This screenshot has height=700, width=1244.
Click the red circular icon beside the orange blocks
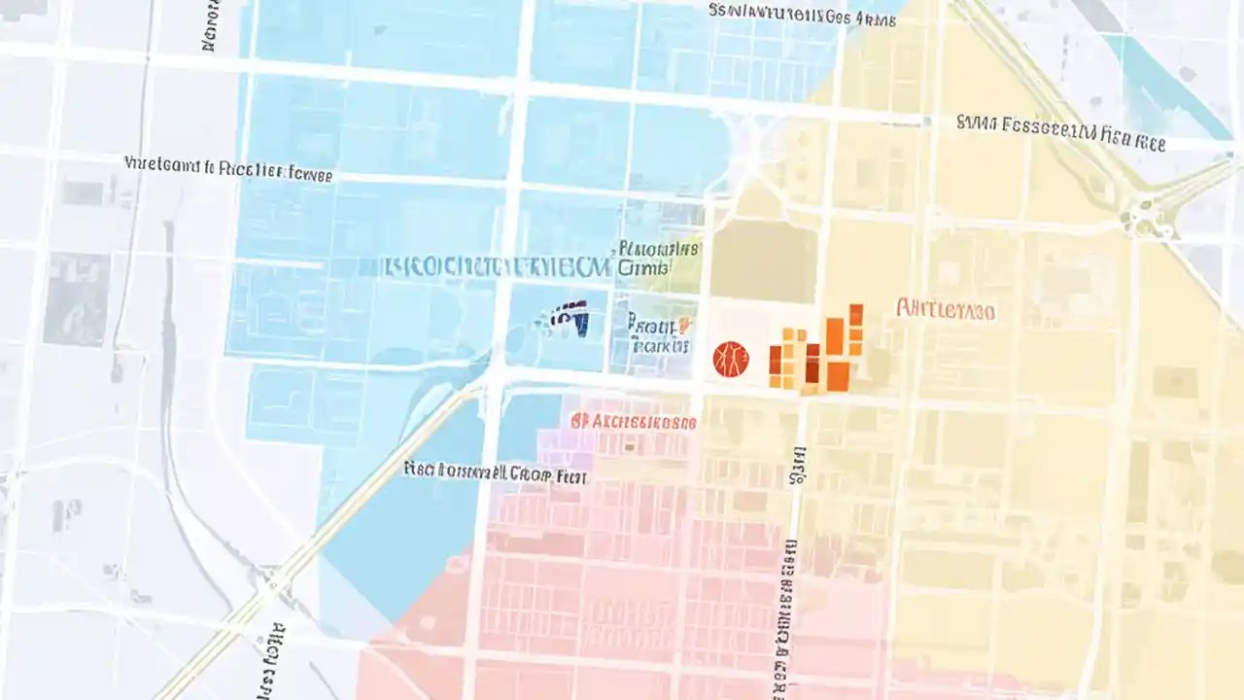pyautogui.click(x=731, y=359)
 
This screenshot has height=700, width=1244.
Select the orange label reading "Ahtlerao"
pyautogui.click(x=945, y=311)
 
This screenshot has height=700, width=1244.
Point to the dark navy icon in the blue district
pyautogui.click(x=569, y=319)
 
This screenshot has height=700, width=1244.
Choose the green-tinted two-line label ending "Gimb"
pyautogui.click(x=657, y=257)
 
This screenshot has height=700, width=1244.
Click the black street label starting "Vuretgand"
pyautogui.click(x=228, y=169)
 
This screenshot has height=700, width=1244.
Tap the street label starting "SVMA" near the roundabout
pyautogui.click(x=1060, y=132)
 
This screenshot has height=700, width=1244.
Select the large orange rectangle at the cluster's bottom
pyautogui.click(x=837, y=376)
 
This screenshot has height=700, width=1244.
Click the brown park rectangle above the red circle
pyautogui.click(x=763, y=261)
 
